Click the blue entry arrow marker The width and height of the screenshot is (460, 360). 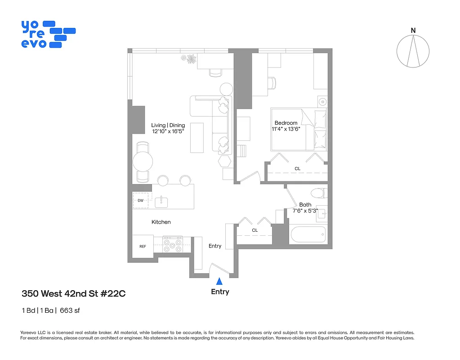(x=219, y=281)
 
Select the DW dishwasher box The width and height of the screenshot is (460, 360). (x=140, y=201)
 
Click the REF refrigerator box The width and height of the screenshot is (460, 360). (x=143, y=246)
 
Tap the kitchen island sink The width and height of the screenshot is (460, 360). (x=161, y=202)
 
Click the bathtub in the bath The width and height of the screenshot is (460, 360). (x=308, y=235)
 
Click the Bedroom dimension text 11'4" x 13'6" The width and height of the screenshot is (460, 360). (x=286, y=129)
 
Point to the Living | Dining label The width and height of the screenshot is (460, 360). (x=168, y=125)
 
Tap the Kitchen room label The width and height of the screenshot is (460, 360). (x=161, y=222)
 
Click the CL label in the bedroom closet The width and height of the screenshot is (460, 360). (x=297, y=169)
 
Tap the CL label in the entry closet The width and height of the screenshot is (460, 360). (x=255, y=230)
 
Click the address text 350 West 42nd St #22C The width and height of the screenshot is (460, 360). (x=74, y=294)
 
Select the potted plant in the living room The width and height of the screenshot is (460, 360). (x=191, y=59)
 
